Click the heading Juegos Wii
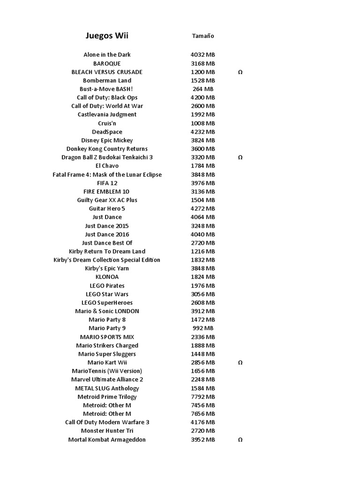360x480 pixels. (107, 36)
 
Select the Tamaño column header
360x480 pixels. (203, 36)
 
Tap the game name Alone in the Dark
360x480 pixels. (107, 55)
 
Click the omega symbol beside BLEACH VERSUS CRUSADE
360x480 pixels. (240, 72)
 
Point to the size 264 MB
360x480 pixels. (203, 89)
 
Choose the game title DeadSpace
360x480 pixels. (107, 132)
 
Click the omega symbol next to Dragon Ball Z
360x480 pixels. (240, 157)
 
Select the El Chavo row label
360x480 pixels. (107, 166)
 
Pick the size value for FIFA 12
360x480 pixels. (203, 183)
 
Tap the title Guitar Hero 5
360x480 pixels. (107, 209)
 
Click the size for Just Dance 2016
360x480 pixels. (203, 234)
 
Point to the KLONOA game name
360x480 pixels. (107, 277)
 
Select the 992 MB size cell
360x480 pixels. (203, 328)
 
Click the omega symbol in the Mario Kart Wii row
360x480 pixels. (240, 363)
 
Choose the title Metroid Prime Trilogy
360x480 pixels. (107, 397)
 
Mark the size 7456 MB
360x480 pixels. (203, 405)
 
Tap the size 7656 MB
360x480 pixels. (203, 414)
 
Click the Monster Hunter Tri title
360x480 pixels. (107, 431)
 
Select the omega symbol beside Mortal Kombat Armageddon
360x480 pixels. (240, 440)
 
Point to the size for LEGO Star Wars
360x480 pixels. (203, 294)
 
